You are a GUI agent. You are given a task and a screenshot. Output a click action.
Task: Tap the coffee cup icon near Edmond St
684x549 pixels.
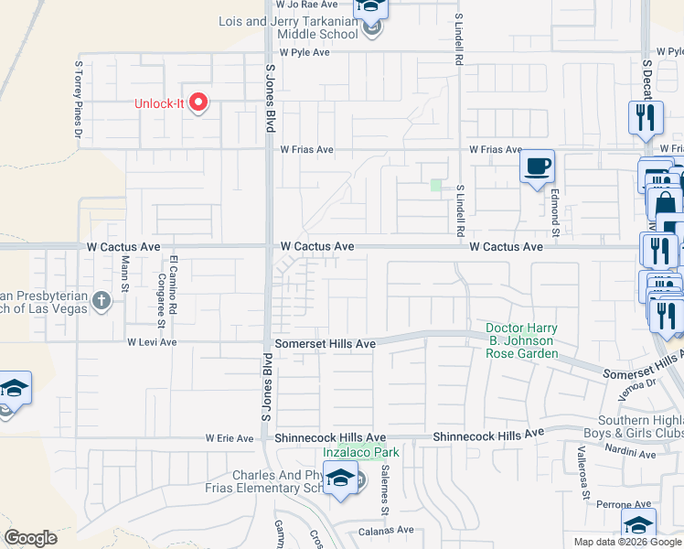537,167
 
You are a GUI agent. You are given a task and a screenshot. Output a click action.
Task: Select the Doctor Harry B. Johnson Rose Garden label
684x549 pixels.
521,340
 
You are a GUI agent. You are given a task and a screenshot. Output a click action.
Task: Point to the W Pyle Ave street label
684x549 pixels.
305,52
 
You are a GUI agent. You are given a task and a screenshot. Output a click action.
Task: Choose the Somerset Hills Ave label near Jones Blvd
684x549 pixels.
326,343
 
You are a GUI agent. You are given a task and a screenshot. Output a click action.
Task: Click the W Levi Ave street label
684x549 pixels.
152,341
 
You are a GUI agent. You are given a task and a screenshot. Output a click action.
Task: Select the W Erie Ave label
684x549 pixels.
230,439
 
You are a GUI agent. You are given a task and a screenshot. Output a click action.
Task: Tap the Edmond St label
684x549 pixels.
554,208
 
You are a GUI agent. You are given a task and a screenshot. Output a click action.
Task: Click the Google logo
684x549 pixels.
30,538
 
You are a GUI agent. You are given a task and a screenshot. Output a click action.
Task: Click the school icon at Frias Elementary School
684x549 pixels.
341,478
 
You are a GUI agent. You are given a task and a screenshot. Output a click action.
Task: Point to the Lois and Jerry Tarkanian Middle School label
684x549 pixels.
288,27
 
